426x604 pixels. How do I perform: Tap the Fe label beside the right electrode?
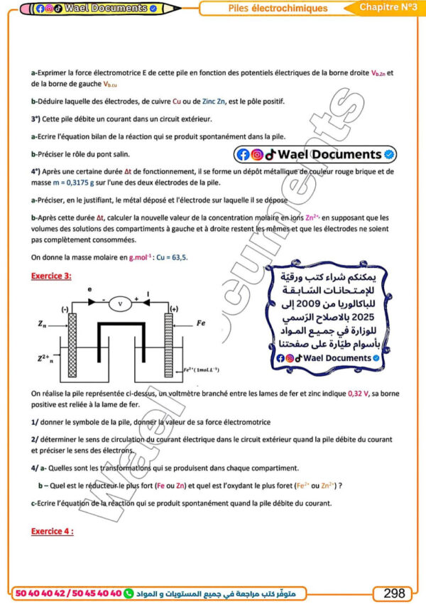coord(201,322)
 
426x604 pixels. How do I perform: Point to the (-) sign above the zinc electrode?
coord(65,309)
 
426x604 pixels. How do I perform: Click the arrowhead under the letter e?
coord(92,301)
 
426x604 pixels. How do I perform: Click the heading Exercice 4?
coord(52,531)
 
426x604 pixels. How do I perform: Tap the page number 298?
coord(394,593)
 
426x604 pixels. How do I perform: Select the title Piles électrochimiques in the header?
coord(278,9)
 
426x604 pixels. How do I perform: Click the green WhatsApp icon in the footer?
coord(129,593)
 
